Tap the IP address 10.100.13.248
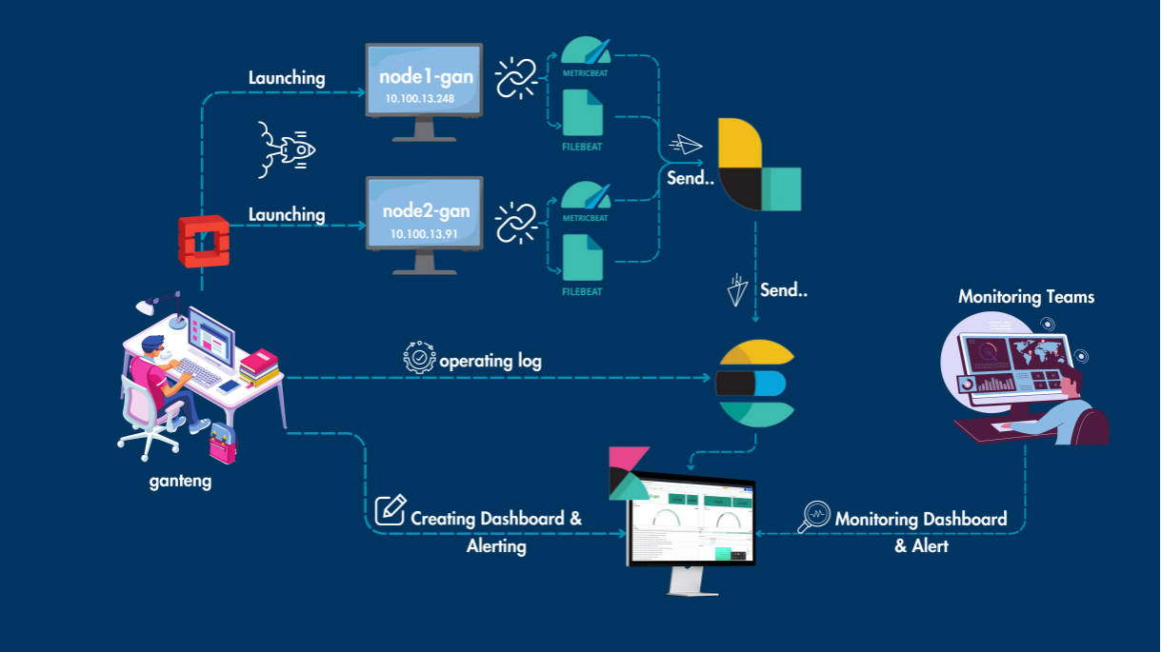421,98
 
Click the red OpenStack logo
202,241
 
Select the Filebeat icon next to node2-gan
583,259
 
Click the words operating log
490,362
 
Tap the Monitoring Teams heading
1026,297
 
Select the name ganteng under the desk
180,482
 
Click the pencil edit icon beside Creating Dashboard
390,510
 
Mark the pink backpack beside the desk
223,443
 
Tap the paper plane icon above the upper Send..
685,145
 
